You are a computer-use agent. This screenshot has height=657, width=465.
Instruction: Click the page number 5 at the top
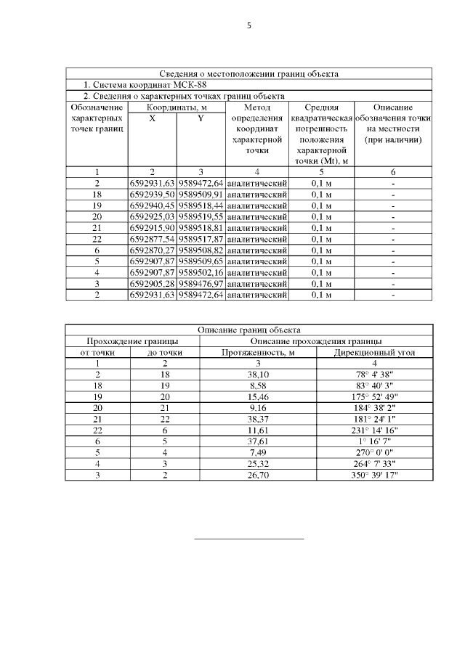tap(248, 25)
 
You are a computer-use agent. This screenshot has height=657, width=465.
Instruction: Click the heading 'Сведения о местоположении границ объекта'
tap(248, 73)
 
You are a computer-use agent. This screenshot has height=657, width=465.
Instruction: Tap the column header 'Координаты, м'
tap(177, 107)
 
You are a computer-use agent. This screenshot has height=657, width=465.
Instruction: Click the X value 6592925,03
tap(153, 216)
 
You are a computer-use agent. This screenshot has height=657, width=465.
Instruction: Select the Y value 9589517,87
tap(201, 239)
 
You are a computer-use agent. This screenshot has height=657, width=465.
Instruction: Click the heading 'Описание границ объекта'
tap(248, 330)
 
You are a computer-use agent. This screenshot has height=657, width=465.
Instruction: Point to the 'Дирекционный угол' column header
tap(374, 352)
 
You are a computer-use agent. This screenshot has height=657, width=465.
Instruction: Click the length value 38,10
tap(258, 375)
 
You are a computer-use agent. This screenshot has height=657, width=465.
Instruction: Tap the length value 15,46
tap(258, 396)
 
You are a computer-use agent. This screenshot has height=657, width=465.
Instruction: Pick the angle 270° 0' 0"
tap(374, 452)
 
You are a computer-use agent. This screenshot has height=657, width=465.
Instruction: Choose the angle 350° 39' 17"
tap(374, 475)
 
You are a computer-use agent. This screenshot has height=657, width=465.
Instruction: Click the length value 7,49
tap(258, 452)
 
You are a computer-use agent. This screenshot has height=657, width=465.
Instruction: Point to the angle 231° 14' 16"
tap(374, 430)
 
